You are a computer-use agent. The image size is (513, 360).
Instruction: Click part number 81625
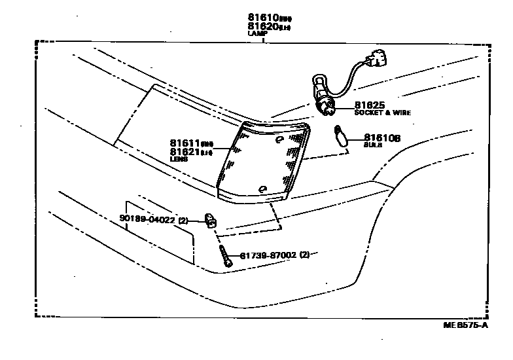point(370,105)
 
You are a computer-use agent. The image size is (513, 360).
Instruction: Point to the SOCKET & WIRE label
point(383,113)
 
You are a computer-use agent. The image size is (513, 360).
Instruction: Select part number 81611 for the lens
point(185,143)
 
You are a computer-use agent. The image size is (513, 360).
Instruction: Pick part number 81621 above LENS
point(185,151)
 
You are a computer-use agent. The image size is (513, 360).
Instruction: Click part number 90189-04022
point(147,220)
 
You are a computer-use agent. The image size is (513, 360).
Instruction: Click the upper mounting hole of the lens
point(279,139)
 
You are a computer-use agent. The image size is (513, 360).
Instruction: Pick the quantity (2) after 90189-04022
point(183,220)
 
